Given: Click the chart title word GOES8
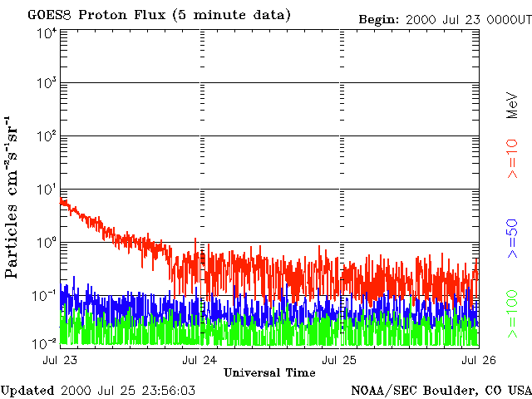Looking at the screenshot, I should coord(48,16).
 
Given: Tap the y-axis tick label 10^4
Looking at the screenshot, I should coord(47,32).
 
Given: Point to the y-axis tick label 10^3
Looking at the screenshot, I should coord(47,84).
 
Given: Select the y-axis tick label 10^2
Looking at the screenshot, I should coord(47,137).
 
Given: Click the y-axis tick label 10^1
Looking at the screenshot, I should coord(47,190).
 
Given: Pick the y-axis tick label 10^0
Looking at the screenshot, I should coord(47,243).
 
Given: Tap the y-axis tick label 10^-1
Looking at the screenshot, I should coord(45,295).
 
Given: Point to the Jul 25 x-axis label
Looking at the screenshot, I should coord(340,360).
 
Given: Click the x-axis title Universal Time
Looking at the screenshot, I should coord(269,372).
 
